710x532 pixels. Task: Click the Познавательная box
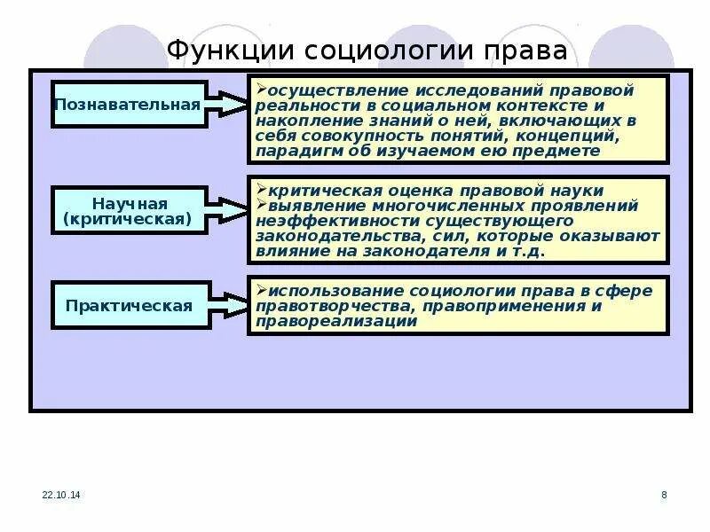point(129,104)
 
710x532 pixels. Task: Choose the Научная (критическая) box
point(129,210)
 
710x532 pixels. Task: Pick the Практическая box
point(129,306)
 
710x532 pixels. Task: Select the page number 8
point(664,494)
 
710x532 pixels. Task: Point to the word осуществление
point(319,90)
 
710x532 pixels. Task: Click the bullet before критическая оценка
point(258,190)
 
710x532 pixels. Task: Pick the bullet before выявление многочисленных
point(258,205)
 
